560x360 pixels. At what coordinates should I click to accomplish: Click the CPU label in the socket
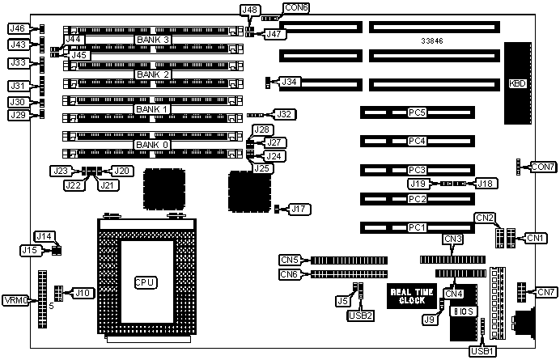tap(146, 282)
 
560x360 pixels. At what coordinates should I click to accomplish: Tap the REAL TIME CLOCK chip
tap(413, 296)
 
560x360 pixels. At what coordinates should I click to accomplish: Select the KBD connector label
tap(515, 83)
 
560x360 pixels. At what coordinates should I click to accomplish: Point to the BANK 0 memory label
tap(152, 145)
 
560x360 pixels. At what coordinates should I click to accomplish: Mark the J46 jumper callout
tap(18, 29)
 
